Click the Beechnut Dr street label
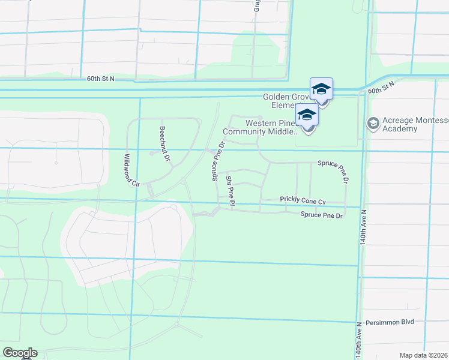pyautogui.click(x=165, y=142)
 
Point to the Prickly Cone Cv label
pyautogui.click(x=303, y=200)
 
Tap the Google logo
pyautogui.click(x=20, y=353)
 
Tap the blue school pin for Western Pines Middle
pyautogui.click(x=307, y=115)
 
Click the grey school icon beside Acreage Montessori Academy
pyautogui.click(x=372, y=122)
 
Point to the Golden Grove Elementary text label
pyautogui.click(x=286, y=100)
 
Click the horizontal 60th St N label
pyautogui.click(x=100, y=79)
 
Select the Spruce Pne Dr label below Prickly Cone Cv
pyautogui.click(x=322, y=215)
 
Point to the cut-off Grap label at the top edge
pyautogui.click(x=256, y=5)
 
